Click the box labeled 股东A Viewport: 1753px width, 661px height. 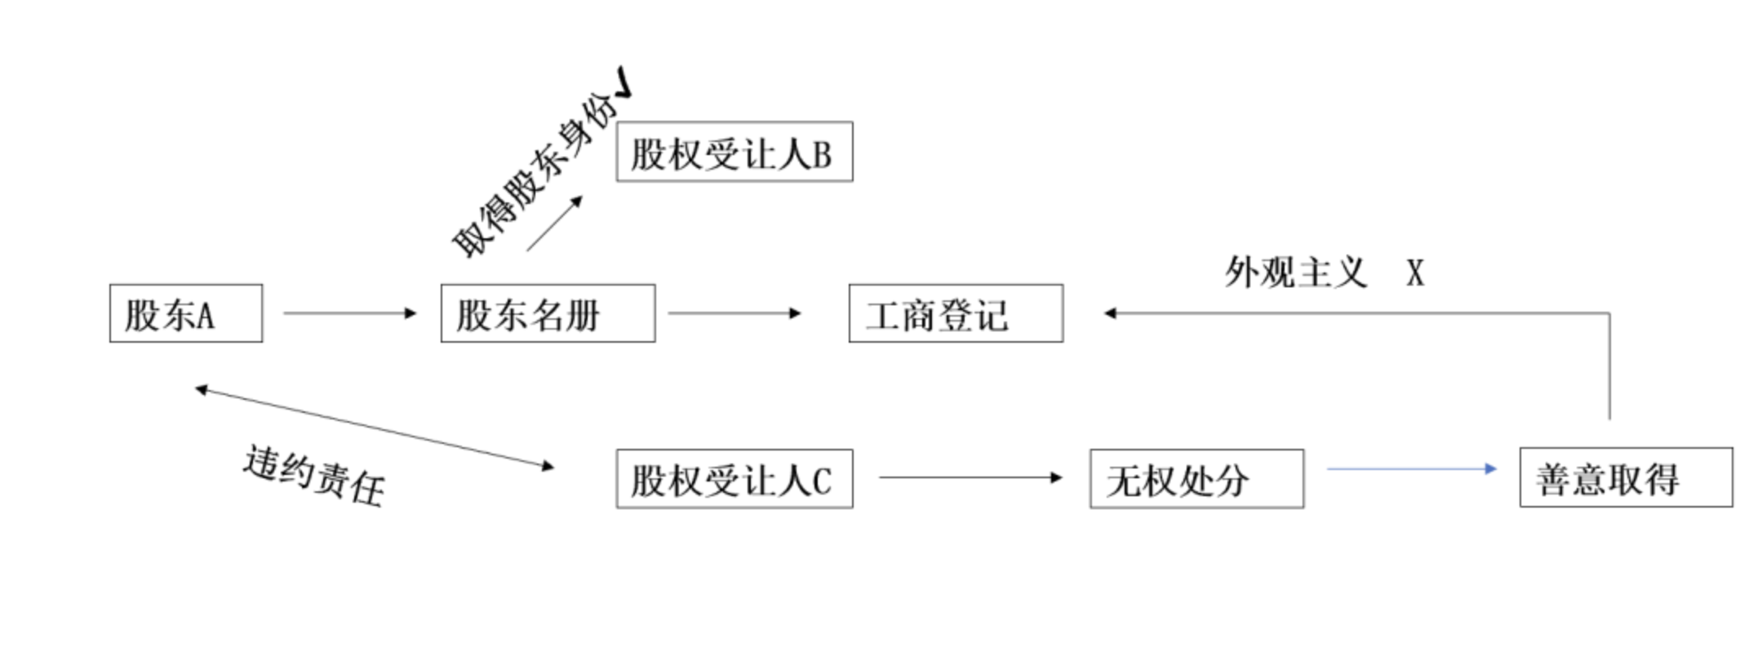point(186,313)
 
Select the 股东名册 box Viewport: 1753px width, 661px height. point(548,313)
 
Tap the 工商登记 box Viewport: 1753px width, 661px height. point(956,313)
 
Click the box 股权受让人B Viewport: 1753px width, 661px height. point(734,152)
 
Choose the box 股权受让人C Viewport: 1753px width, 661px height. point(734,479)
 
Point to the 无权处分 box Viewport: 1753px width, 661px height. point(1196,479)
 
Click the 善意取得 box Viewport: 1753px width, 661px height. point(1625,478)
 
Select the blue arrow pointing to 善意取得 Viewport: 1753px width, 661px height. point(1411,469)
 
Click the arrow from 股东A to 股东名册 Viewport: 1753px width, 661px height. point(349,313)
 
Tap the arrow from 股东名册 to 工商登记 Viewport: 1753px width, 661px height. point(734,313)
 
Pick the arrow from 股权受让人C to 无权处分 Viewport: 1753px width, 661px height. point(970,477)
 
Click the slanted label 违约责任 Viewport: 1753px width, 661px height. point(314,476)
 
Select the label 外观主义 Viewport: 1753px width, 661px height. point(1295,273)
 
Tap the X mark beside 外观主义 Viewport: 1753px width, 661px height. point(1415,273)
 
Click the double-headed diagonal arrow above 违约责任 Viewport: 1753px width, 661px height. point(375,428)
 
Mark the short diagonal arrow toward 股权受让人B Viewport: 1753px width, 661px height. point(554,224)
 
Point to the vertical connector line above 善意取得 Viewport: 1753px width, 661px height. point(1609,367)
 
